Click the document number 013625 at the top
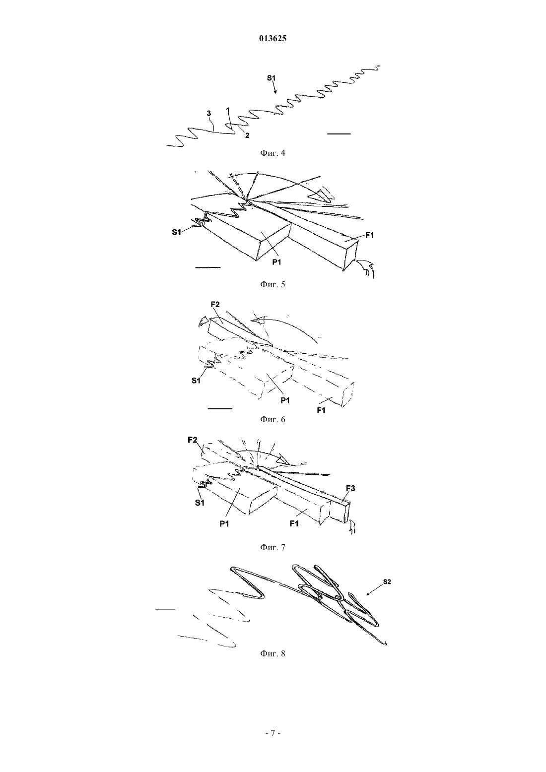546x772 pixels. click(x=273, y=39)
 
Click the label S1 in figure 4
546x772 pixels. click(x=272, y=78)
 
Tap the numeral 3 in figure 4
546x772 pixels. click(x=209, y=114)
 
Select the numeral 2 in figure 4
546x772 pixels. click(x=247, y=136)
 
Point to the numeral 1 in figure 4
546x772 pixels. click(x=227, y=110)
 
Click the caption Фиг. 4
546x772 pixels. click(x=273, y=153)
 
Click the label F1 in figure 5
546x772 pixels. click(x=369, y=235)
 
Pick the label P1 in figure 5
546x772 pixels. click(x=277, y=262)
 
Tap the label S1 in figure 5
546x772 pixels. click(x=177, y=232)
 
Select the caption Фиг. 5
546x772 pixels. click(x=273, y=285)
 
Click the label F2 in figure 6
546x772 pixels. click(x=215, y=305)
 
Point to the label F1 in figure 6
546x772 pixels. click(x=321, y=410)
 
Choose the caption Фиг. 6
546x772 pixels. click(x=273, y=419)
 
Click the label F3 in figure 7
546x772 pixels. click(x=350, y=488)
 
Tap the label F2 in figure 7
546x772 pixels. click(x=193, y=440)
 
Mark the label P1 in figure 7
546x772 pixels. click(x=224, y=524)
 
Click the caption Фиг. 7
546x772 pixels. click(x=273, y=547)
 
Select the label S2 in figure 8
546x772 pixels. click(x=387, y=582)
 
